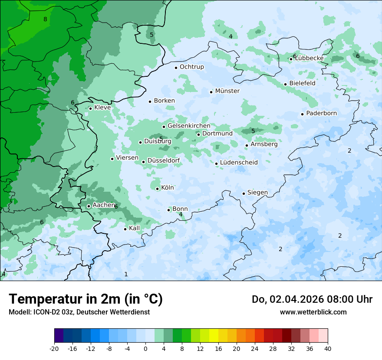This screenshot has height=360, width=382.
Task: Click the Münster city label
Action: point(227,91)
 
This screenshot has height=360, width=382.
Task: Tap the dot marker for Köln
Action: point(158,189)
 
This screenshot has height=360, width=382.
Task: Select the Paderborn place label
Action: point(321,113)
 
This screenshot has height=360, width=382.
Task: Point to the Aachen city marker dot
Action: point(89,206)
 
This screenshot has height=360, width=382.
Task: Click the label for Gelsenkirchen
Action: point(189,126)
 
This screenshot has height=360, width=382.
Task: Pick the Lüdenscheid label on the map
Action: point(239,163)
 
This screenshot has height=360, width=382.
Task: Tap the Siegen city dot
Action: point(244,193)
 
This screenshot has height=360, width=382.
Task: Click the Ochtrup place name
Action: point(191,67)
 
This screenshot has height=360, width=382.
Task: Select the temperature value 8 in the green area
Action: point(45,19)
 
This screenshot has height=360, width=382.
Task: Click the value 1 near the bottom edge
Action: point(126,274)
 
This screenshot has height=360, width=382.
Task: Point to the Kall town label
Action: point(135,228)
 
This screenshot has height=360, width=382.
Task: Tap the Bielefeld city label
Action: point(302,83)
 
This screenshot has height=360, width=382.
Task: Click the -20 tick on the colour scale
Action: point(54,348)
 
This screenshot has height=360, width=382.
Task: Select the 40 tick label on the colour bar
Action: point(328,348)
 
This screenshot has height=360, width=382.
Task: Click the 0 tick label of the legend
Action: point(145,348)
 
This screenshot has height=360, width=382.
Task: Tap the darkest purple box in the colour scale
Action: point(59,336)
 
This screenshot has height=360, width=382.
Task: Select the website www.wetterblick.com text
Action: point(313,312)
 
